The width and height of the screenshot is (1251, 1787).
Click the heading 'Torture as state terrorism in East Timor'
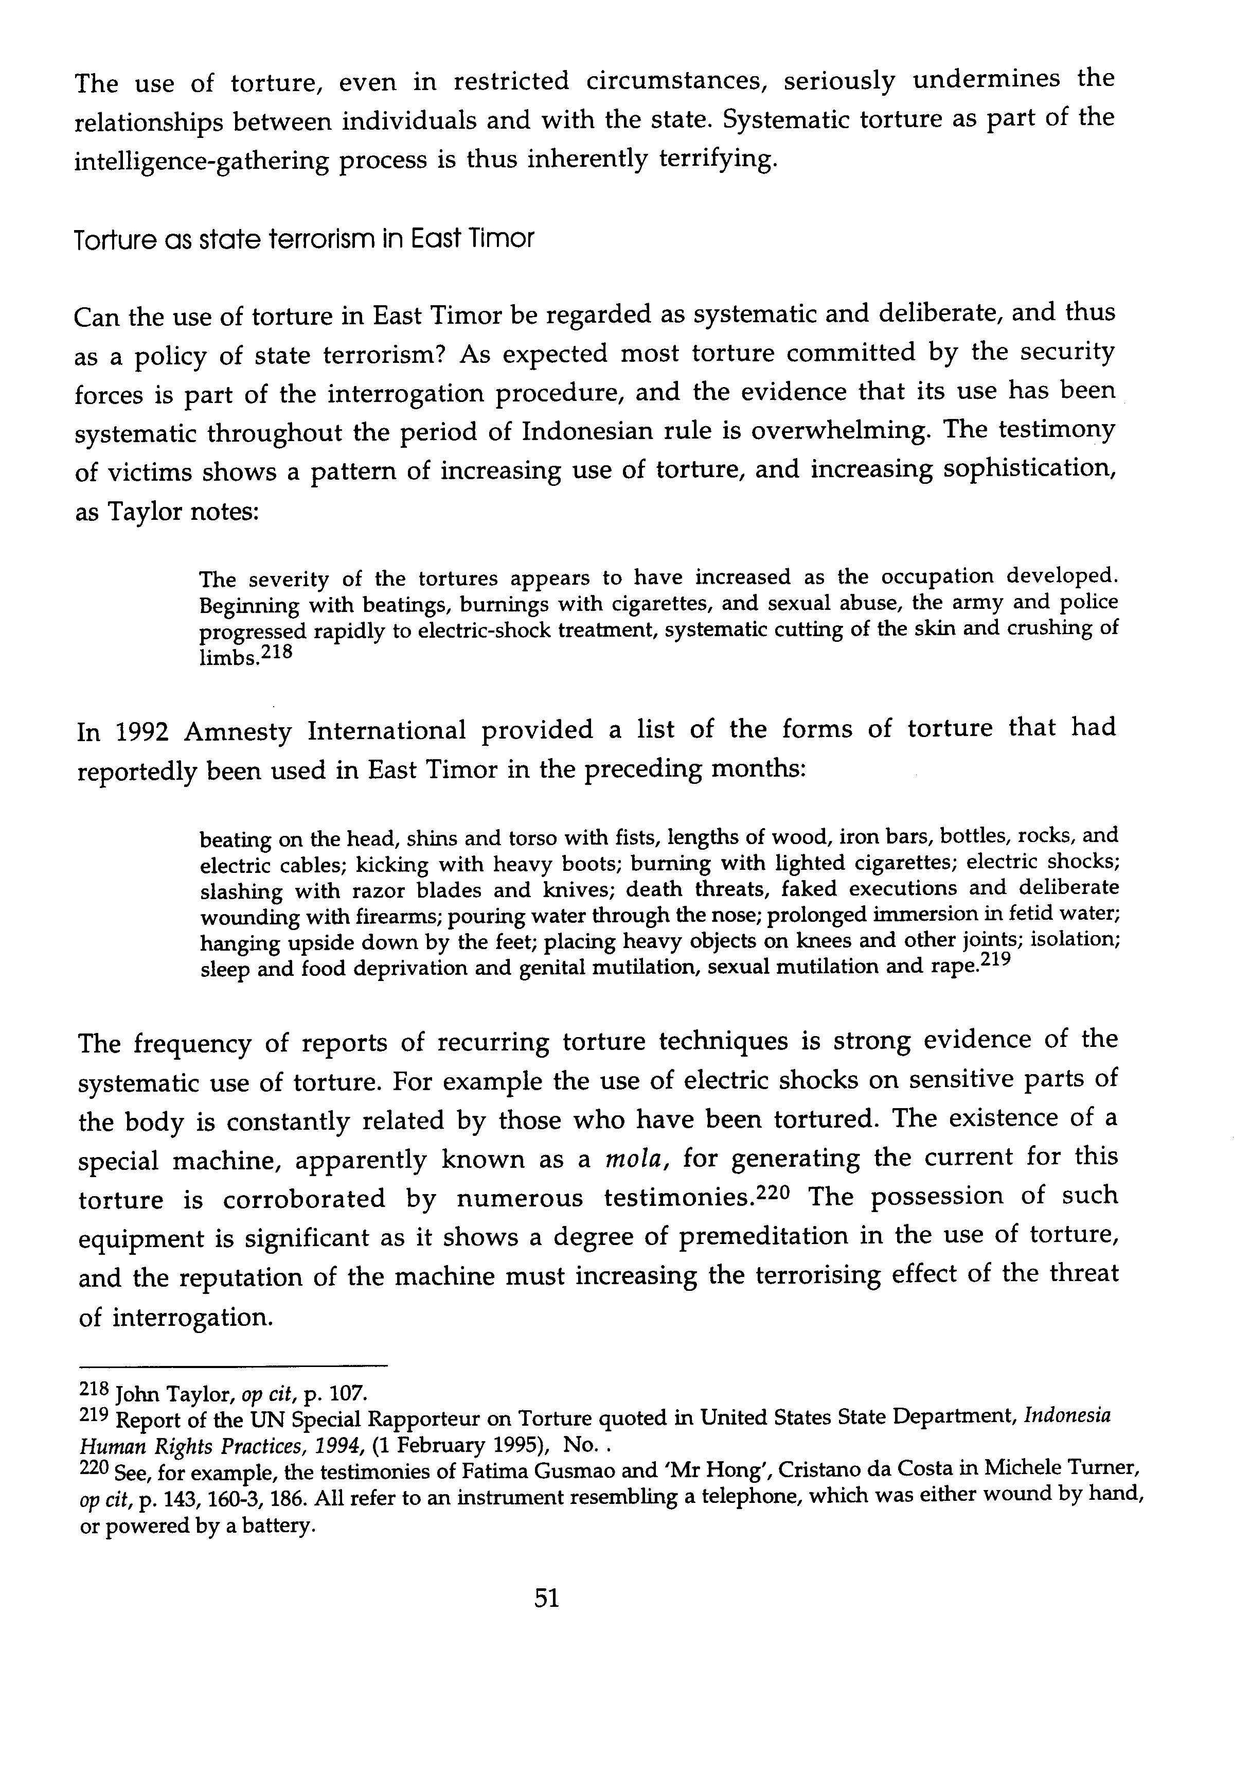pyautogui.click(x=304, y=239)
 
